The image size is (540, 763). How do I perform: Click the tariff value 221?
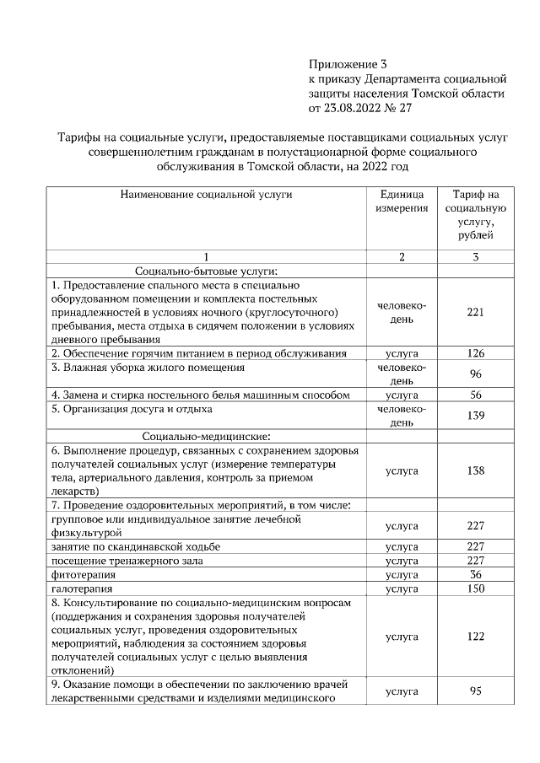tap(475, 312)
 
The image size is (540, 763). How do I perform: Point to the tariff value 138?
tap(475, 470)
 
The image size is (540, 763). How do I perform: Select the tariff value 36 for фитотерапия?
tap(475, 574)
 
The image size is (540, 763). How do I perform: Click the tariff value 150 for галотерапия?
tap(475, 588)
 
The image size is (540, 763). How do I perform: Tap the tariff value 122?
tap(475, 637)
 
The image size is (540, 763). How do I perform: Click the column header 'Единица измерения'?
tap(402, 201)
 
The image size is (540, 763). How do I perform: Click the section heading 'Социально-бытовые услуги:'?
tap(207, 271)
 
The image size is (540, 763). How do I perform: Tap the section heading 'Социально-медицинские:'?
tap(207, 436)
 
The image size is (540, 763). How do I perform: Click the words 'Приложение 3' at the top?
tap(348, 63)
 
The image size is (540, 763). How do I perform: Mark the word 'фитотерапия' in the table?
tap(82, 574)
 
